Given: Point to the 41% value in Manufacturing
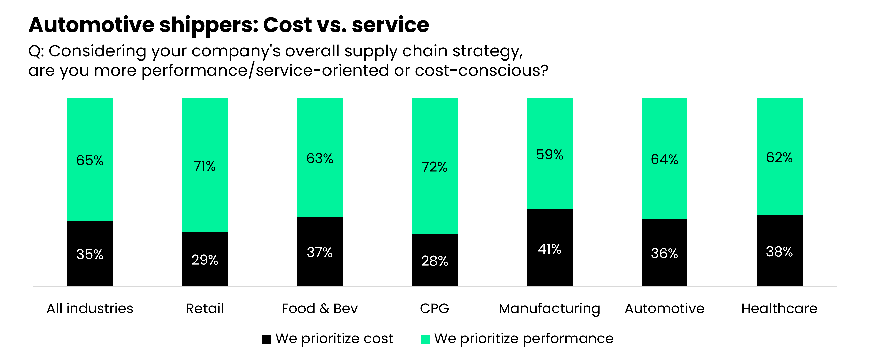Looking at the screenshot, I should (549, 249).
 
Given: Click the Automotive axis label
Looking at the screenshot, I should (664, 308).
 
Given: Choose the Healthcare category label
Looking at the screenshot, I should (779, 308).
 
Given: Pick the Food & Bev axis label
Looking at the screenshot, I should (319, 308).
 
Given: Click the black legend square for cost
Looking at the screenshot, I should (266, 339).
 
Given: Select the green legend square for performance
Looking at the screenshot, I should (425, 339).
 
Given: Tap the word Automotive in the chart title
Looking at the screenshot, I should (91, 25).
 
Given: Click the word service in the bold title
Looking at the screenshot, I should (390, 25).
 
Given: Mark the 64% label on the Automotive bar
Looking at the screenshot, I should (664, 159).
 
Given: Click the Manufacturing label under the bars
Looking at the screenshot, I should (549, 308).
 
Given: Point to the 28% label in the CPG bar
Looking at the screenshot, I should (434, 261).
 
